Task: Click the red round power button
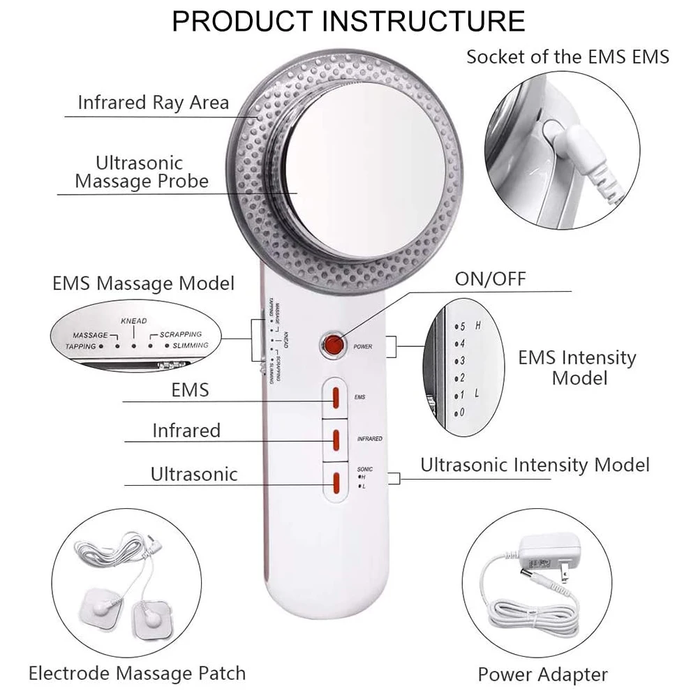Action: click(333, 345)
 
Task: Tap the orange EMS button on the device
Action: click(335, 397)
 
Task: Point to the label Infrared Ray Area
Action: click(153, 103)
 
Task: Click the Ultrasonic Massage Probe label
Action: click(142, 172)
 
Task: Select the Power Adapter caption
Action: click(542, 674)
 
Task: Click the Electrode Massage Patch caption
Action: click(137, 673)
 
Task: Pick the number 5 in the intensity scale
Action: click(461, 326)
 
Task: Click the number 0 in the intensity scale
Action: click(461, 413)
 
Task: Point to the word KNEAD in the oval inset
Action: click(133, 321)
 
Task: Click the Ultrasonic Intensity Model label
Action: click(535, 465)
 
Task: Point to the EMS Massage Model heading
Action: click(144, 284)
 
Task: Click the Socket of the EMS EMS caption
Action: click(567, 57)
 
